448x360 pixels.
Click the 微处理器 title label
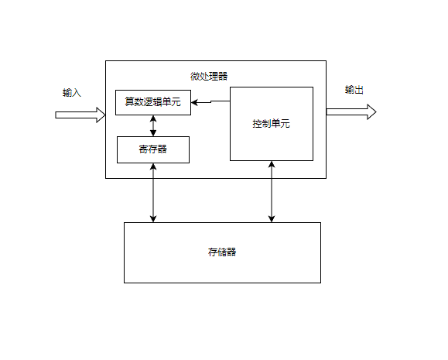[x=209, y=76]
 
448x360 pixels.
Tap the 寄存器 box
[x=152, y=149]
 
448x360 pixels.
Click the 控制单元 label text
[x=271, y=124]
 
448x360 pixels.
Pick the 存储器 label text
[x=222, y=252]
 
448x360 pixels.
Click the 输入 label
[x=72, y=93]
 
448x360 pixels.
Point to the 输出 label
[x=354, y=91]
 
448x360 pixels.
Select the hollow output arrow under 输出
[x=351, y=112]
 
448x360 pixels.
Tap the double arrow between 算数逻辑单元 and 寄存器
[x=153, y=125]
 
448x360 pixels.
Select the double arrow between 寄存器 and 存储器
[x=153, y=193]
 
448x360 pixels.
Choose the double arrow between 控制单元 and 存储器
[x=271, y=191]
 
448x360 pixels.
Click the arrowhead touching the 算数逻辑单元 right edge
[x=194, y=102]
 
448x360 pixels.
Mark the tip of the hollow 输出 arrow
[x=375, y=112]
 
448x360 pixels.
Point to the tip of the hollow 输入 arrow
[x=104, y=115]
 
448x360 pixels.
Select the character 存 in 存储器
[x=213, y=252]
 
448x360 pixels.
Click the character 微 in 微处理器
[x=195, y=76]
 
